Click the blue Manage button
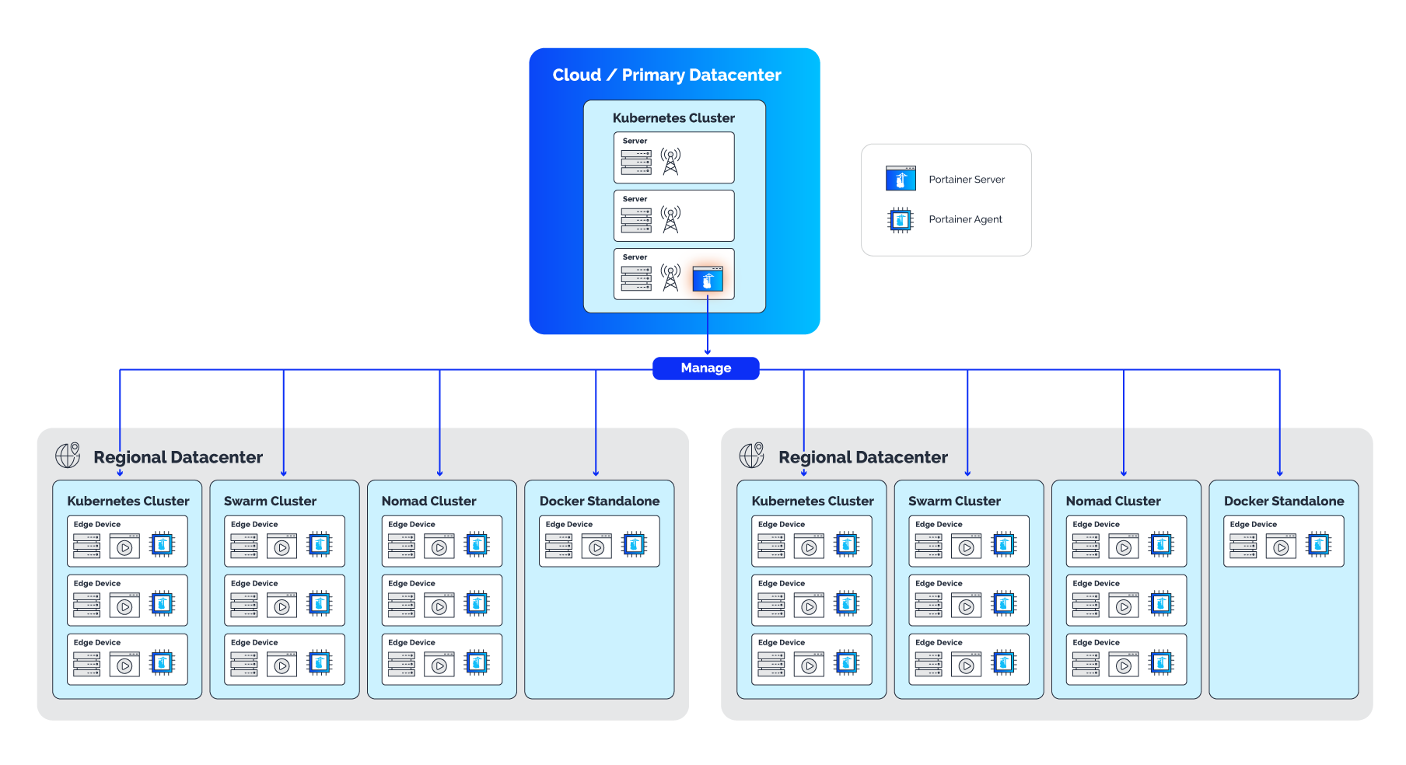(705, 368)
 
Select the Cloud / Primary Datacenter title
(666, 75)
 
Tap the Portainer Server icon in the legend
(901, 179)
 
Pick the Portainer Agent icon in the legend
(901, 220)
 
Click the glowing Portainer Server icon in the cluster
(708, 279)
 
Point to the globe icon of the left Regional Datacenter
(68, 455)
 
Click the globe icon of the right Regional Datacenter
(752, 455)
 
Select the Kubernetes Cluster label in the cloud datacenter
(673, 118)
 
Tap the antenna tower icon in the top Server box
(670, 161)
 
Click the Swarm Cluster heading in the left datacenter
(270, 501)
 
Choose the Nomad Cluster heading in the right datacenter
(1113, 501)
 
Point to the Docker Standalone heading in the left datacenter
(600, 501)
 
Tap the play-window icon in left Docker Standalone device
(596, 546)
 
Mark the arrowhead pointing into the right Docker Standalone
(1279, 473)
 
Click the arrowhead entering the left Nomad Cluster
(439, 473)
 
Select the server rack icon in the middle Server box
(636, 220)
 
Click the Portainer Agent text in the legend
(965, 220)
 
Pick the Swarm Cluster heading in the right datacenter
(954, 501)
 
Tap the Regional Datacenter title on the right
(863, 457)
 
